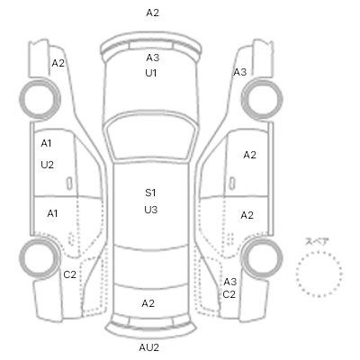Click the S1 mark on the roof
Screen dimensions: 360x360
150,193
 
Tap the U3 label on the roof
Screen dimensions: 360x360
150,210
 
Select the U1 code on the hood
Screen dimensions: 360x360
151,73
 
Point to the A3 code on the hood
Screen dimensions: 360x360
153,58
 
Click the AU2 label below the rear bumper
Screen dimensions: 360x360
149,347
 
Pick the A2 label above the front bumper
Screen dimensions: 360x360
153,13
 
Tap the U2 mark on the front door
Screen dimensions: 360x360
47,165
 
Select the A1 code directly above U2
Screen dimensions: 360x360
46,143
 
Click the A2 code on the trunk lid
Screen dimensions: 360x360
148,303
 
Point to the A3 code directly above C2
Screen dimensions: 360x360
230,282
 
